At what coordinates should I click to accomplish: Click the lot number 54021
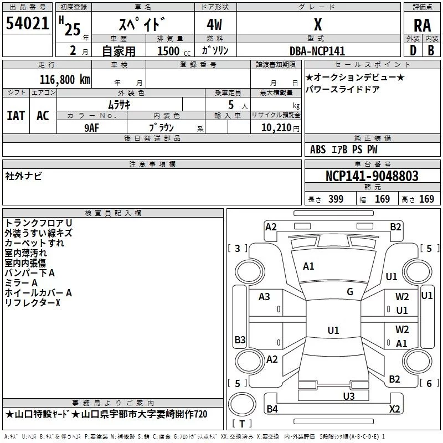[x=27, y=23]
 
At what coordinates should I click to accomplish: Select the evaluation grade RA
[x=422, y=25]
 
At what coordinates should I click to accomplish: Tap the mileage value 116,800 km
[x=65, y=80]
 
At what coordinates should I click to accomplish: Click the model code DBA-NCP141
[x=317, y=51]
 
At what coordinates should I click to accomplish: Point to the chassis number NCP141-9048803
[x=372, y=176]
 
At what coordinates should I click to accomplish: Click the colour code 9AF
[x=92, y=128]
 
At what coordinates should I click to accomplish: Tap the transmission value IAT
[x=16, y=116]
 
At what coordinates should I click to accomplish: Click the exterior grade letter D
[x=413, y=50]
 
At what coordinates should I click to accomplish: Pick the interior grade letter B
[x=431, y=50]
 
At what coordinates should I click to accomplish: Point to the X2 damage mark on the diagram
[x=394, y=409]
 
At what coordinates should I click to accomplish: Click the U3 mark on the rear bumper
[x=349, y=396]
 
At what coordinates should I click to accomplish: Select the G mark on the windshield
[x=350, y=292]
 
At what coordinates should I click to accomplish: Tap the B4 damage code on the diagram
[x=272, y=409]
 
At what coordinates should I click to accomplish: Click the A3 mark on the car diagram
[x=264, y=297]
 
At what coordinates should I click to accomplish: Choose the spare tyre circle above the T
[x=242, y=404]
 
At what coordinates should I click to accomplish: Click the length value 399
[x=336, y=199]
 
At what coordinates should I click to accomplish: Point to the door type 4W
[x=214, y=25]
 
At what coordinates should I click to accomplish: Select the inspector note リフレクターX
[x=33, y=303]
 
